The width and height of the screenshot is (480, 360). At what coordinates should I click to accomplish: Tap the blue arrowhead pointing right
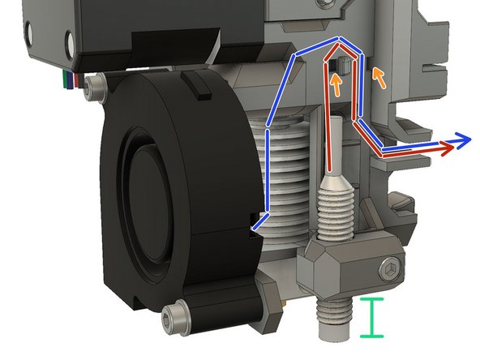click(x=463, y=141)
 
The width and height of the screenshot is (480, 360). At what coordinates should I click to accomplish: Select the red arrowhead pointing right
click(x=447, y=149)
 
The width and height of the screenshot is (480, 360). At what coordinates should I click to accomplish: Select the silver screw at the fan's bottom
click(x=174, y=317)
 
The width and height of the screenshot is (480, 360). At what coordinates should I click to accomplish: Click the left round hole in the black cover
click(x=31, y=32)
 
